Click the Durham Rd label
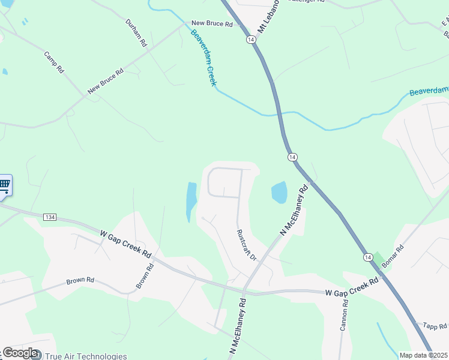click(x=136, y=33)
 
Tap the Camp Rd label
click(x=53, y=62)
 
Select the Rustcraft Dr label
click(x=246, y=245)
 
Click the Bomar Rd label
click(x=393, y=256)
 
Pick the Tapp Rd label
click(x=435, y=326)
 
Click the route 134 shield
click(x=50, y=216)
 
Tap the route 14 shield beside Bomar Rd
click(x=367, y=257)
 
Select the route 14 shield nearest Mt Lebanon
click(x=249, y=39)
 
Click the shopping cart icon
click(x=4, y=185)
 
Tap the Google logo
click(x=19, y=353)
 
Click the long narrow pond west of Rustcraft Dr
click(x=191, y=200)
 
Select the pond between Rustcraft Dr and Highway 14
click(x=279, y=193)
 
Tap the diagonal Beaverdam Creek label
click(x=203, y=58)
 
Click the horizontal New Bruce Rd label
click(x=211, y=24)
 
